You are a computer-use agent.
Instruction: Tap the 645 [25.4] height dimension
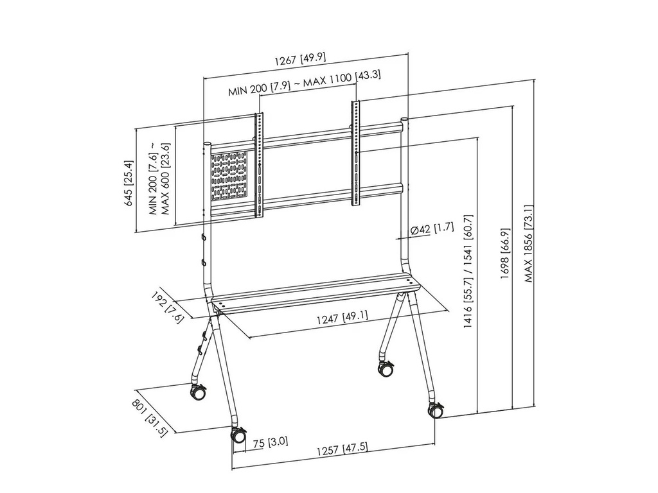pos(129,183)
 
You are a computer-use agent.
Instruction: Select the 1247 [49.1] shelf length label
pos(342,316)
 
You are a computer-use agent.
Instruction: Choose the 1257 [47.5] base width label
pos(342,448)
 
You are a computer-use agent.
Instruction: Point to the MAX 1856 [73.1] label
pos(528,244)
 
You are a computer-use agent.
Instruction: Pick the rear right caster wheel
pos(386,370)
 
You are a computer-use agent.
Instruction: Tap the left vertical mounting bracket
pos(260,165)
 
